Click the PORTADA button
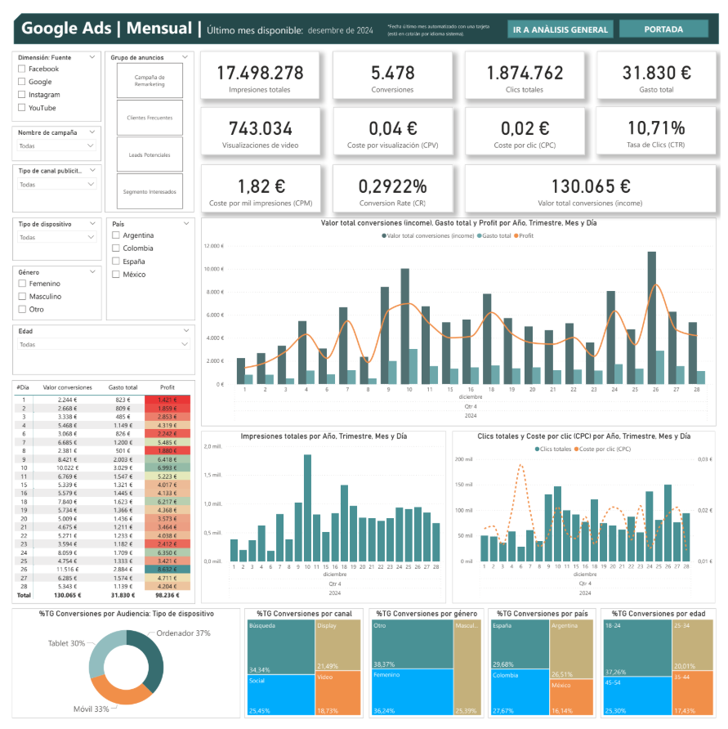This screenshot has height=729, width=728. (663, 29)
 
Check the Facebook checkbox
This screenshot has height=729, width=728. (22, 69)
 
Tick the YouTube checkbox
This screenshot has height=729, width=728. (22, 108)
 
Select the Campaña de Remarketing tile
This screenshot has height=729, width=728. (150, 80)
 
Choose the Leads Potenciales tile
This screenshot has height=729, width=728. (150, 154)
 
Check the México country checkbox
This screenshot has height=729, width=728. (116, 275)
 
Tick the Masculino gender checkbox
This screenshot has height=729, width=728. (22, 297)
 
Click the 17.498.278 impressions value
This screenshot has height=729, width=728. (260, 73)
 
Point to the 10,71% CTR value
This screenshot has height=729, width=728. (656, 128)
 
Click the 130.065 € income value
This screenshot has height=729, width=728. (590, 186)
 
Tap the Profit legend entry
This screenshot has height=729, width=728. (524, 235)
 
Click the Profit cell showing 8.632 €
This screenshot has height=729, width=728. (167, 569)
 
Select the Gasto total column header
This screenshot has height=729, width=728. (123, 387)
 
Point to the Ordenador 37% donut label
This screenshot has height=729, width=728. (183, 633)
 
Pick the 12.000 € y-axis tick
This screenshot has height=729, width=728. (213, 246)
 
